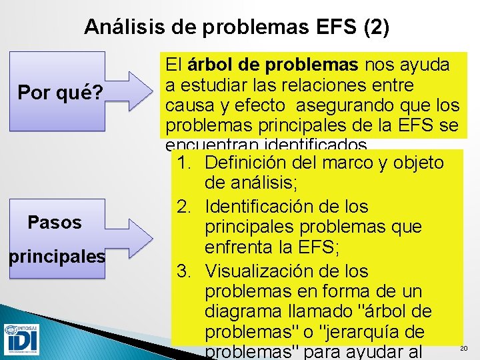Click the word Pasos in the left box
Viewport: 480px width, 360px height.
(x=55, y=222)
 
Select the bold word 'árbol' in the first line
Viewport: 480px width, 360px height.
(x=210, y=66)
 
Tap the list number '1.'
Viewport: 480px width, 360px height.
(x=186, y=163)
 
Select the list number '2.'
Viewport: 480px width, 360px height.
(x=186, y=207)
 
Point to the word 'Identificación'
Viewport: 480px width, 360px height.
(x=269, y=207)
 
